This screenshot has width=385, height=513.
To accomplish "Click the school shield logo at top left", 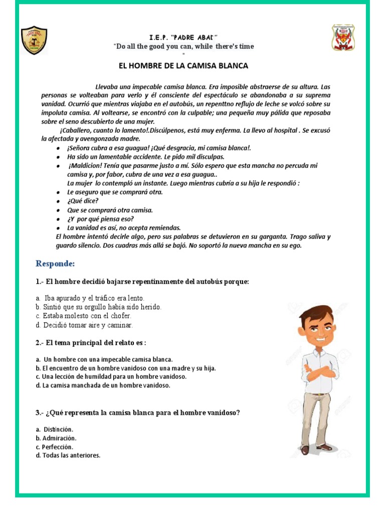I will [35, 40].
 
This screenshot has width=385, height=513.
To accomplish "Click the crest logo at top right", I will [344, 38].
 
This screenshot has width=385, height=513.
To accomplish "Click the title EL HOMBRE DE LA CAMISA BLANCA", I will [183, 66].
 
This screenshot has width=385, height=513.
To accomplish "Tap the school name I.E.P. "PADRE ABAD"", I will [183, 38].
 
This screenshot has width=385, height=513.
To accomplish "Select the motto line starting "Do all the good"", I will [184, 47].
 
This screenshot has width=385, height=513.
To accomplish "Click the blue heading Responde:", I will [55, 264].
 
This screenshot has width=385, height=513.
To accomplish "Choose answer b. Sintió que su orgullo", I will [99, 307].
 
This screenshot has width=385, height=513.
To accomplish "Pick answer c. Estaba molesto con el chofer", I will [83, 316].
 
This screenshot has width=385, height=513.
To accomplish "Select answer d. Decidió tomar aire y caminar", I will [84, 325].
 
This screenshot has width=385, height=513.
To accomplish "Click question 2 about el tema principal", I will [91, 343].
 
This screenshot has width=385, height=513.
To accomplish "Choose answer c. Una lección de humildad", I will [111, 376].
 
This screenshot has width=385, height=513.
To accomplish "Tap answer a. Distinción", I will [55, 429].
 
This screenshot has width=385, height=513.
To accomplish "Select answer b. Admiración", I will [56, 438].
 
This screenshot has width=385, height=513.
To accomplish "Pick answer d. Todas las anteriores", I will [68, 455].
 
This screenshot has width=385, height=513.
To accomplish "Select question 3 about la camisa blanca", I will [137, 413].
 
